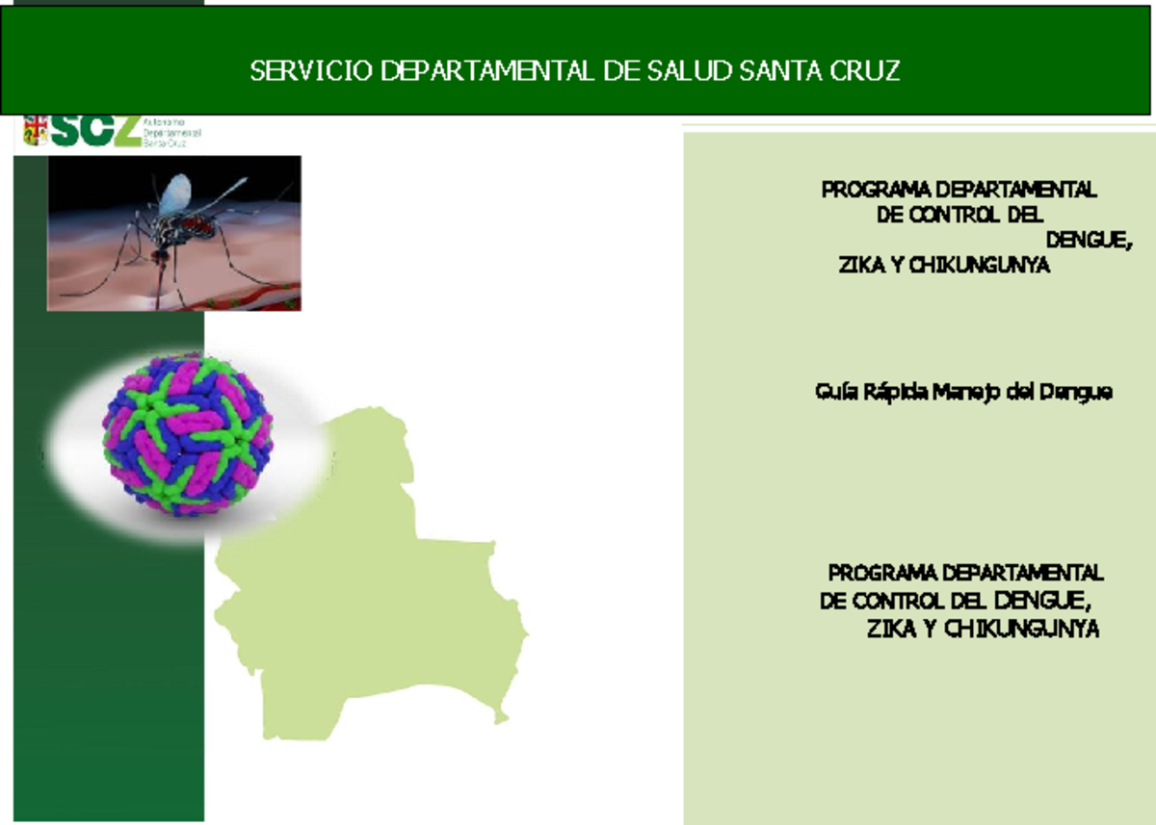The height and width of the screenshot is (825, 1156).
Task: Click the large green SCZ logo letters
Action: (96, 131)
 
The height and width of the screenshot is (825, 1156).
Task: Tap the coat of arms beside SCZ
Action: (36, 131)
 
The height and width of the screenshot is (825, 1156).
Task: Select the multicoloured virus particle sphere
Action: (188, 434)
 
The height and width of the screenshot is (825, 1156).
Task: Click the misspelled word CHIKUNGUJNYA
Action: (1021, 631)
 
